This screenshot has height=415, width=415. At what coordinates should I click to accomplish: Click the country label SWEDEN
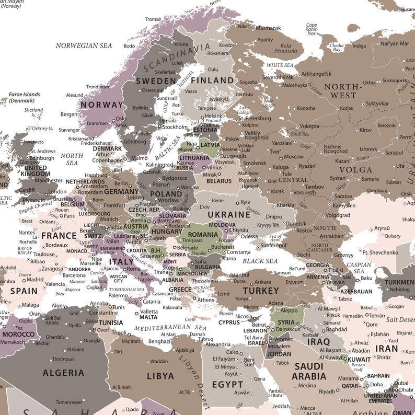(156, 81)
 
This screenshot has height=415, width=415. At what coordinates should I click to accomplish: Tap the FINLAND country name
(212, 80)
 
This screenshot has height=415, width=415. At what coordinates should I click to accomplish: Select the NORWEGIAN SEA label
(84, 45)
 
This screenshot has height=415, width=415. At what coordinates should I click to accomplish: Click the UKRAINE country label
(229, 214)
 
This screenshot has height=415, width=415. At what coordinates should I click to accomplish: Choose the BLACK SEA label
(260, 261)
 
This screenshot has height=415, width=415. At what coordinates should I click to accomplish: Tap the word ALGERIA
(63, 373)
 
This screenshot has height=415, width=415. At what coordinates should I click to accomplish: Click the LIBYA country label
(160, 376)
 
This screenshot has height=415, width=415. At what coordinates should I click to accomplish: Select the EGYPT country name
(227, 384)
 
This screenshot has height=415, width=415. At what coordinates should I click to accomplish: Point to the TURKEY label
(260, 290)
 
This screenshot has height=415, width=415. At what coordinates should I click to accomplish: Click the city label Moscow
(293, 157)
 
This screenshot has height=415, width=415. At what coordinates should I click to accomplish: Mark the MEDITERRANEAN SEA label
(170, 328)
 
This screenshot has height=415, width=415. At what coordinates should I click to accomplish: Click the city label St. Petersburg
(255, 118)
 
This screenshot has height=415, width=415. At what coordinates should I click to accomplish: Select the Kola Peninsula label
(293, 49)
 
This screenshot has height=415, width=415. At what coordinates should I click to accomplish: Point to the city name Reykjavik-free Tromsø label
(153, 19)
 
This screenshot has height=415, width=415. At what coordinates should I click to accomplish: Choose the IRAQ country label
(318, 341)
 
